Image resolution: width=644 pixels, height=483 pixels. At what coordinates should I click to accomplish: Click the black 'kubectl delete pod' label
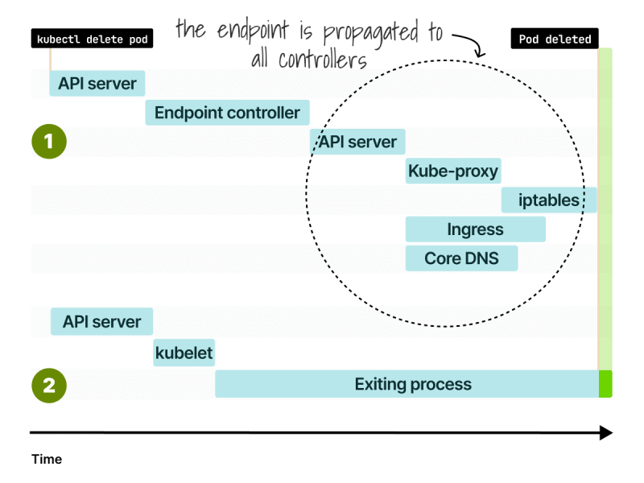pyautogui.click(x=92, y=39)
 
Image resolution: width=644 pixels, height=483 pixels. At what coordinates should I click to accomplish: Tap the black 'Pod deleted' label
pyautogui.click(x=555, y=39)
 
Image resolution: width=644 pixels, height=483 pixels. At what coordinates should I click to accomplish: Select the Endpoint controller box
pyautogui.click(x=227, y=113)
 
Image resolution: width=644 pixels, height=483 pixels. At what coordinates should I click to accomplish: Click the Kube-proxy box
pyautogui.click(x=453, y=171)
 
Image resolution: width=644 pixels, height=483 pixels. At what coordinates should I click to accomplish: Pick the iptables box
pyautogui.click(x=549, y=200)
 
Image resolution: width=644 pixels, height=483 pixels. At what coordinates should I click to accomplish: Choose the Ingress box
pyautogui.click(x=475, y=229)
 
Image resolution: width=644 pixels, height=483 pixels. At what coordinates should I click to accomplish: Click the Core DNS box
pyautogui.click(x=461, y=258)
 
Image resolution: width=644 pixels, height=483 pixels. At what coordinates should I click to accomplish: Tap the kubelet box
pyautogui.click(x=184, y=353)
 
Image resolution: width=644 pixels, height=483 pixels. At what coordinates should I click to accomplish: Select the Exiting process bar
pyautogui.click(x=407, y=384)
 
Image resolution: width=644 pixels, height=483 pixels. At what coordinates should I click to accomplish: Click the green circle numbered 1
pyautogui.click(x=49, y=142)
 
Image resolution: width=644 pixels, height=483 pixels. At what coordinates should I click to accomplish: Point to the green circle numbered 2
pyautogui.click(x=49, y=386)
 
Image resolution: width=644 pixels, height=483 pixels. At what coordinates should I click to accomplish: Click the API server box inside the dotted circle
pyautogui.click(x=357, y=142)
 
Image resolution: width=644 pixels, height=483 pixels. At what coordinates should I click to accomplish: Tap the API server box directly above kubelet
pyautogui.click(x=102, y=321)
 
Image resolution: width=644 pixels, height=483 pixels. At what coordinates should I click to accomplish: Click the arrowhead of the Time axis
pyautogui.click(x=607, y=432)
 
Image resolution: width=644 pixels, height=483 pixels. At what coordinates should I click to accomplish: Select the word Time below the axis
pyautogui.click(x=47, y=459)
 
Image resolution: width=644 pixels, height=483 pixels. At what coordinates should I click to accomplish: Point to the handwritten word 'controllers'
pyautogui.click(x=323, y=60)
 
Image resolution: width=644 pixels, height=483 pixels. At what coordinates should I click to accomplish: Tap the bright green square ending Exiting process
pyautogui.click(x=605, y=384)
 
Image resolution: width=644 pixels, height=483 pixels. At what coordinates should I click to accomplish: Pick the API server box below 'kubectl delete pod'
pyautogui.click(x=97, y=84)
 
